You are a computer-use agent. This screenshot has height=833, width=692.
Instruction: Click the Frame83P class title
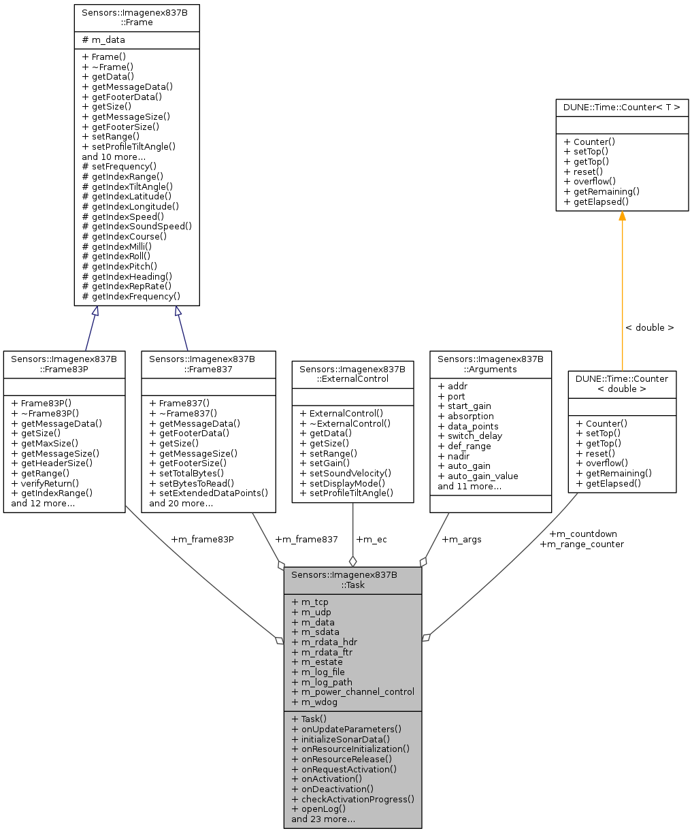[64, 363]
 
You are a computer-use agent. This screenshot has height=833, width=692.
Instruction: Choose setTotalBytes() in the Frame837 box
[188, 474]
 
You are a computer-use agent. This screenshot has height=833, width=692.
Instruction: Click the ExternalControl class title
[352, 374]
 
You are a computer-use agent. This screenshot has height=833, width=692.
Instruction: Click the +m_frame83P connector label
[202, 540]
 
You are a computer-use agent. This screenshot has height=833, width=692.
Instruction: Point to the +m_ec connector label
[371, 540]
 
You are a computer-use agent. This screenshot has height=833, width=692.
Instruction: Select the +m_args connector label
[461, 540]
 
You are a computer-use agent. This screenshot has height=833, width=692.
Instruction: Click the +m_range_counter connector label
[581, 544]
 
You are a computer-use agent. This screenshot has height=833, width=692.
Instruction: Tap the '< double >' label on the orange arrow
[650, 328]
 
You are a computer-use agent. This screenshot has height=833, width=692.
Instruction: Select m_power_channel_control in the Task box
[352, 692]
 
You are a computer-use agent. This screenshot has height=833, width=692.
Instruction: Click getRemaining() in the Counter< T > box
[601, 191]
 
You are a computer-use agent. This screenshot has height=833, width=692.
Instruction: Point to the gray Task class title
[352, 580]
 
